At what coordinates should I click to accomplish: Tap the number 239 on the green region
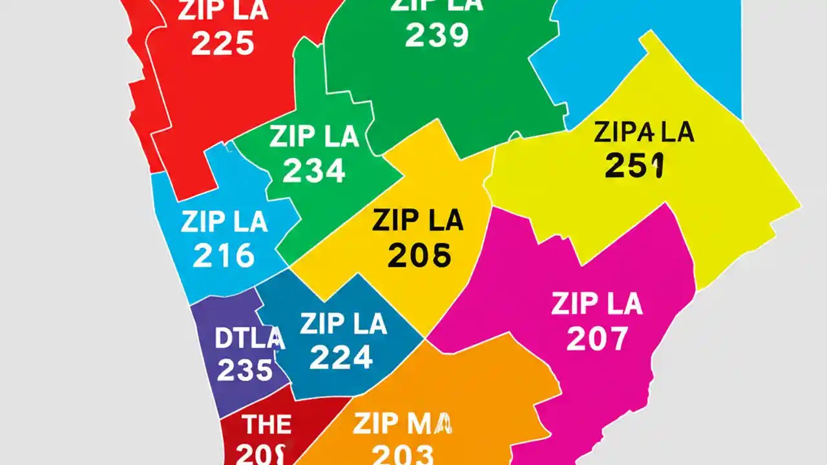436,36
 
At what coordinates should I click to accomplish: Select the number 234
314,170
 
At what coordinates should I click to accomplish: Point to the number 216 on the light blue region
224,256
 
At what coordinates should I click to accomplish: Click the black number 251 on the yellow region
634,166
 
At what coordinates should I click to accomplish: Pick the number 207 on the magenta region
596,338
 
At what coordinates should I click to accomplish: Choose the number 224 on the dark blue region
340,357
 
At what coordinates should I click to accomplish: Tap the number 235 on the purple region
245,370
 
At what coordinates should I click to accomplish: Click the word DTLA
249,338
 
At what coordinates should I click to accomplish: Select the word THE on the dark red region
266,425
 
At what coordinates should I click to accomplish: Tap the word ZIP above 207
573,304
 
